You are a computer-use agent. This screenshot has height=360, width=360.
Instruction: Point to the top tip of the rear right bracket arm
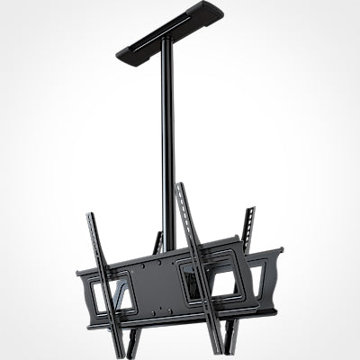click(x=250, y=211)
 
